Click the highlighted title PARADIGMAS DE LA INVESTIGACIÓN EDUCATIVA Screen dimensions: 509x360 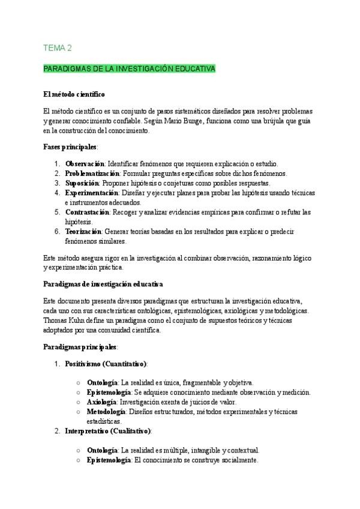(129, 69)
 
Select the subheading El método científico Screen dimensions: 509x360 (74, 94)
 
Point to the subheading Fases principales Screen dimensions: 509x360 (70, 146)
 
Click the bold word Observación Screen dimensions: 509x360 (85, 164)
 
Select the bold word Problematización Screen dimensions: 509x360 (93, 173)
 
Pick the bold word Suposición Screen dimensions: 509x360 (82, 183)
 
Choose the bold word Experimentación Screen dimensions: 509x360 (92, 193)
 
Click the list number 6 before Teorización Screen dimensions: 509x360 (56, 231)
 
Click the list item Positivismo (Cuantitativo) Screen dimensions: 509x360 (106, 364)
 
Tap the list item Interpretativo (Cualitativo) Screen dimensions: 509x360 (108, 431)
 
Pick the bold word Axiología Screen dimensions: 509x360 (101, 402)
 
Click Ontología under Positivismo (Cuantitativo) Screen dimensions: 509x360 (101, 382)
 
